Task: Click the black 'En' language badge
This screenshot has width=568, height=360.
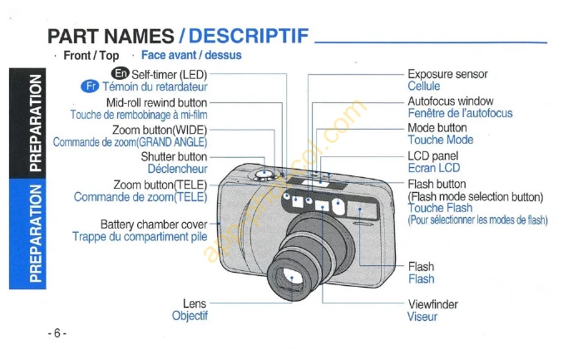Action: pyautogui.click(x=121, y=73)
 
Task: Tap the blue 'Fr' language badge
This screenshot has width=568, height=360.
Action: pyautogui.click(x=90, y=86)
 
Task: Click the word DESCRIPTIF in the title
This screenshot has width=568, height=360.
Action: pyautogui.click(x=249, y=36)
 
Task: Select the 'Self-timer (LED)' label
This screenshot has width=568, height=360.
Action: pyautogui.click(x=169, y=75)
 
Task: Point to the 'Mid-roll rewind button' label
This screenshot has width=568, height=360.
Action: pyautogui.click(x=157, y=102)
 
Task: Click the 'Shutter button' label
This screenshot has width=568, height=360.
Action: pyautogui.click(x=174, y=156)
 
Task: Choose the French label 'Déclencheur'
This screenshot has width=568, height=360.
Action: pyautogui.click(x=177, y=169)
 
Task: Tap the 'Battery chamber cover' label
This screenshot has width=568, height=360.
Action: pyautogui.click(x=154, y=224)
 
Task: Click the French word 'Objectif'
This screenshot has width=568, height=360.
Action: pyautogui.click(x=190, y=315)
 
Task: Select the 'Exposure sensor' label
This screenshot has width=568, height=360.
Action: pyautogui.click(x=447, y=74)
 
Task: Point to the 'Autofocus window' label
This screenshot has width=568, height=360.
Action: pyautogui.click(x=451, y=101)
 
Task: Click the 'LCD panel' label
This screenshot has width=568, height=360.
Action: pyautogui.click(x=433, y=155)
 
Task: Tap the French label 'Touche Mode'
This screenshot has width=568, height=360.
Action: pyautogui.click(x=441, y=140)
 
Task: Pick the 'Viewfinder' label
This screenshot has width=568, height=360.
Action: pyautogui.click(x=433, y=303)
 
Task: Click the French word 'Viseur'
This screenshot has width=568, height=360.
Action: pyautogui.click(x=422, y=317)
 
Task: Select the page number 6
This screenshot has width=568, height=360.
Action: pyautogui.click(x=57, y=333)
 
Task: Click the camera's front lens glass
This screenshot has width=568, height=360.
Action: pyautogui.click(x=289, y=279)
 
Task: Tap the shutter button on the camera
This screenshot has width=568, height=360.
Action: pyautogui.click(x=264, y=175)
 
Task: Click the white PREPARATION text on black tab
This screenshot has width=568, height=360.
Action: pyautogui.click(x=35, y=123)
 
